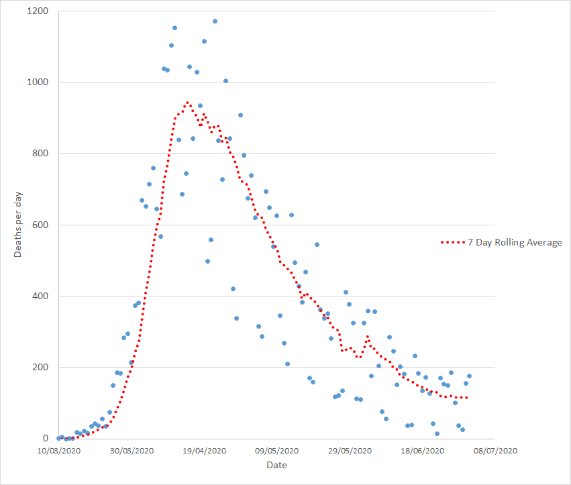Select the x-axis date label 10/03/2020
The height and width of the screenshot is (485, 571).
(58, 451)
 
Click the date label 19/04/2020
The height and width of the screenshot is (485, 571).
(204, 451)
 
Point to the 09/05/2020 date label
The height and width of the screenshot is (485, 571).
(276, 451)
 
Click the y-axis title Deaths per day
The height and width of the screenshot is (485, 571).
(18, 225)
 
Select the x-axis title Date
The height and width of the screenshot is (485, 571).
(276, 465)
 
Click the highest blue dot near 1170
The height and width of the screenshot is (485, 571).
(215, 21)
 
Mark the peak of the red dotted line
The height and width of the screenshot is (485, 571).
(187, 103)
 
